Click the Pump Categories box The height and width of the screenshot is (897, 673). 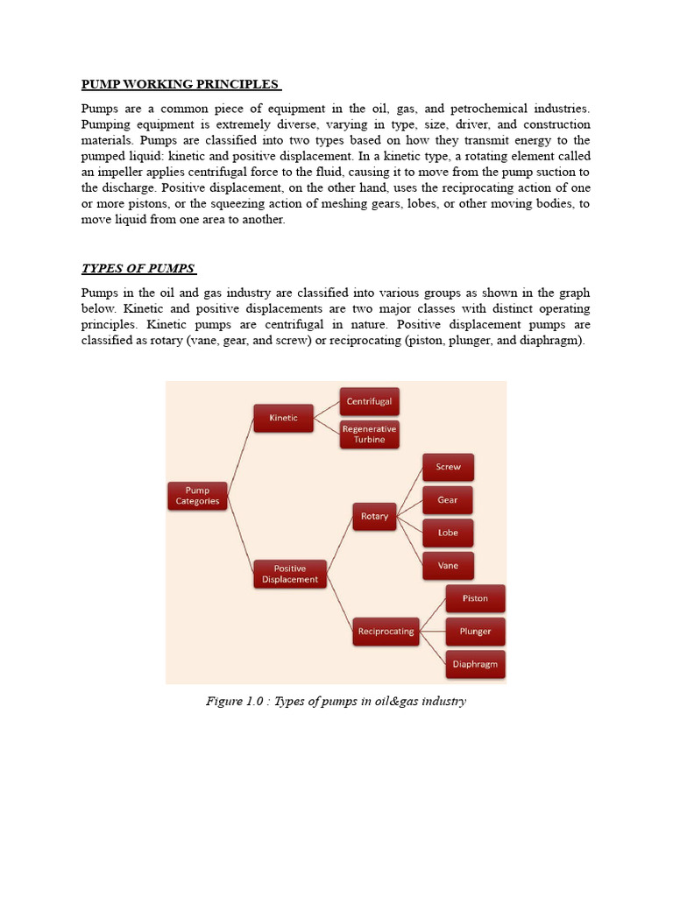[x=197, y=496]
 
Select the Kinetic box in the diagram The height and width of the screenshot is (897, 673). [x=283, y=418]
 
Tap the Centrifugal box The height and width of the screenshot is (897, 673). [x=369, y=401]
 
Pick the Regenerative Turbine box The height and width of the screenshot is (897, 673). [x=369, y=434]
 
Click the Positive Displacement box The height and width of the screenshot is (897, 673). [x=289, y=574]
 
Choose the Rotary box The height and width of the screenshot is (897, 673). [x=374, y=517]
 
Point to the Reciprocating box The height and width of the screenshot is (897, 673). [x=386, y=631]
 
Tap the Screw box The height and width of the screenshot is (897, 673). [x=448, y=467]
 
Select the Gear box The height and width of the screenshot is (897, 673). [x=448, y=500]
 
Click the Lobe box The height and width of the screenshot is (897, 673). [x=448, y=533]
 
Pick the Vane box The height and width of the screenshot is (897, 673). [x=448, y=566]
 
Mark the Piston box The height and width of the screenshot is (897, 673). [x=475, y=598]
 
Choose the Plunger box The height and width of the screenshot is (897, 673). [x=475, y=632]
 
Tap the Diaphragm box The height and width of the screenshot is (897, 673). [x=475, y=664]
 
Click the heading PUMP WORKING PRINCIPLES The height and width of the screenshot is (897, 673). [x=181, y=84]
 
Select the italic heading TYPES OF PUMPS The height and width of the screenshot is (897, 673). [x=138, y=268]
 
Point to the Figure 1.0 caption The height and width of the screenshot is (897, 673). [x=336, y=701]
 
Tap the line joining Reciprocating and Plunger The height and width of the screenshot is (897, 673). [x=432, y=631]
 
